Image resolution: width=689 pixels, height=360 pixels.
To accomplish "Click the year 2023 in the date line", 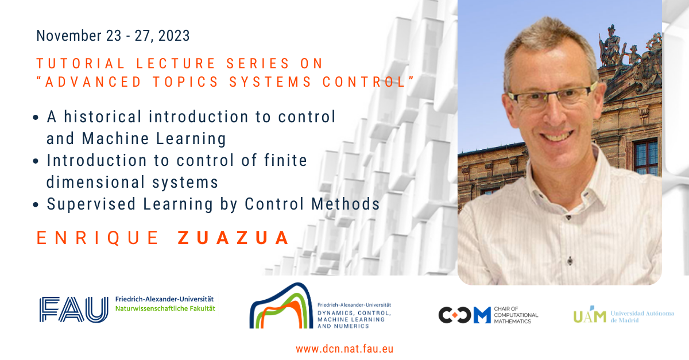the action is (x=174, y=36).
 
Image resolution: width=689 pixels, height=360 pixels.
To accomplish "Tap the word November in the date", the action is (x=69, y=36).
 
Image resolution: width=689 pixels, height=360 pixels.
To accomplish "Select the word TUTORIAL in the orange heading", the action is (x=80, y=64).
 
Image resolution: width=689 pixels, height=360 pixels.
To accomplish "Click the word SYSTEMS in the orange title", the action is (x=270, y=82).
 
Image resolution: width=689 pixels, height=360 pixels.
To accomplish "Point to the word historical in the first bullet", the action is (x=103, y=117).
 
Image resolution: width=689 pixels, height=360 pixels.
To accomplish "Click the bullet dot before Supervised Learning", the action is (x=36, y=204).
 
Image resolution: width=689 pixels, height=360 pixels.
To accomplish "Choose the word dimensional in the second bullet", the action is (x=95, y=182).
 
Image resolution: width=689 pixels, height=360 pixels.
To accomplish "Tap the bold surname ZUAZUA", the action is (x=234, y=238).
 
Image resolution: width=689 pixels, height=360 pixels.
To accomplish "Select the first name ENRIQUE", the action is (x=98, y=238).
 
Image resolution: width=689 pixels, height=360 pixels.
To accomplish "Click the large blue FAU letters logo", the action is (x=74, y=309).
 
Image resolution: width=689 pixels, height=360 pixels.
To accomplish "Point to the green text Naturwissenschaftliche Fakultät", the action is (x=165, y=309).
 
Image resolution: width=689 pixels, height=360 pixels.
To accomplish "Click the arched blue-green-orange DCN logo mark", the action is (x=281, y=305).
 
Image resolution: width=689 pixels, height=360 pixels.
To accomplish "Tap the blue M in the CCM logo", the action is (x=482, y=315).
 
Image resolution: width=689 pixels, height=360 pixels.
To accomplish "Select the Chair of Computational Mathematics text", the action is (x=516, y=315).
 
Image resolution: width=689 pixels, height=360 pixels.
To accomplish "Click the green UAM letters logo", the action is (x=590, y=314).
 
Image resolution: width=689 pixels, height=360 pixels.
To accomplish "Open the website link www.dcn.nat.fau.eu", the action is (x=344, y=349).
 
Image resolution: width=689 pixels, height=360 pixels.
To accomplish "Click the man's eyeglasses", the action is (x=552, y=96).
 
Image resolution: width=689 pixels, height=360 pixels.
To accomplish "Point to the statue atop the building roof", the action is (x=610, y=46).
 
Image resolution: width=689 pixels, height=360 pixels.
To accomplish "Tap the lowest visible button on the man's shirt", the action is (x=570, y=261).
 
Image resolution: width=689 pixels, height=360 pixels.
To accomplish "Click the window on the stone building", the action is (x=645, y=157).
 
